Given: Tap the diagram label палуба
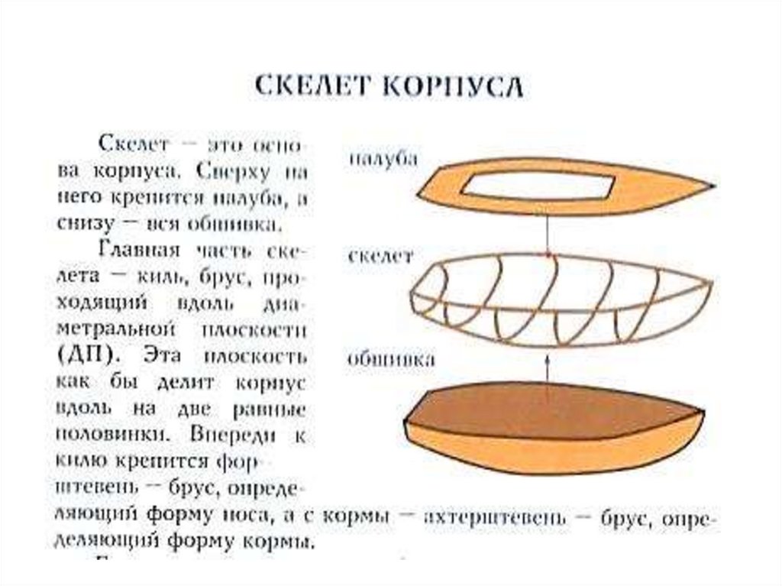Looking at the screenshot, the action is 383,159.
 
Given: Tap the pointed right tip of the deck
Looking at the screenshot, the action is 712,186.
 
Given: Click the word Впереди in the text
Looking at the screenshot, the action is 228,435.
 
